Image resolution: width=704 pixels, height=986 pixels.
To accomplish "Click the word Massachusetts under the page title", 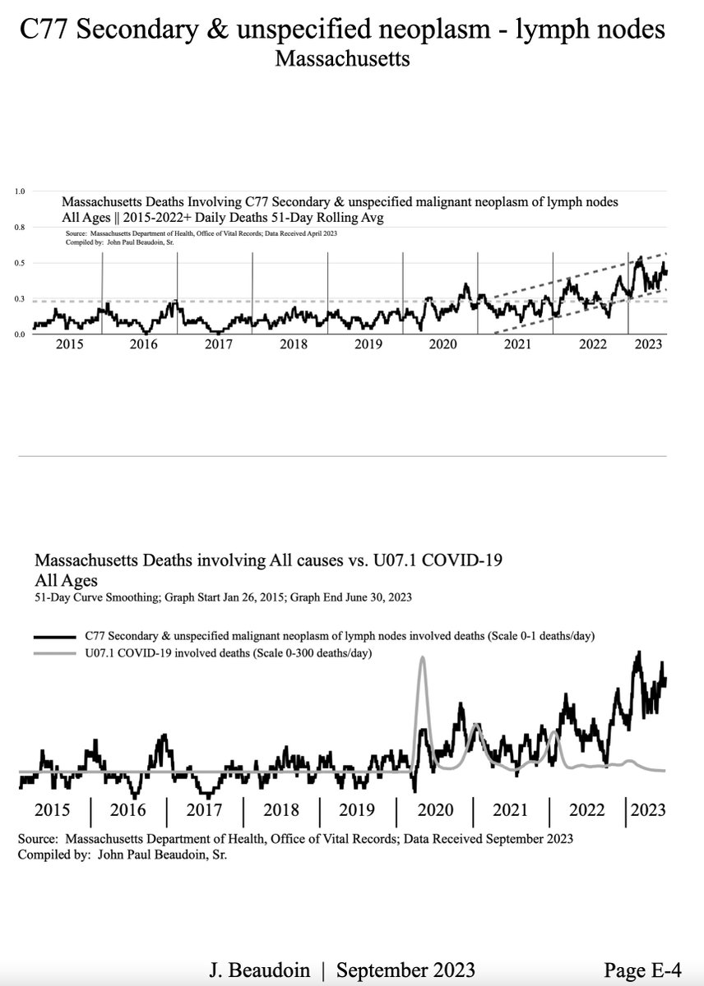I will click(342, 59).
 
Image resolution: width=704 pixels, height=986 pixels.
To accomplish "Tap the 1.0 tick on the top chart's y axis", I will click(21, 191).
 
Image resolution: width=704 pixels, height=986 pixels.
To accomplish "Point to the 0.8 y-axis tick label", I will click(21, 227).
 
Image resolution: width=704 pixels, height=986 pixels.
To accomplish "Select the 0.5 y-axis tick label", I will click(21, 263).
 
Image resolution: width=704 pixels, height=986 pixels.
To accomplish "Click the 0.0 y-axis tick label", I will click(21, 334).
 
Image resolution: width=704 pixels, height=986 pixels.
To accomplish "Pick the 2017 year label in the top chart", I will click(219, 344).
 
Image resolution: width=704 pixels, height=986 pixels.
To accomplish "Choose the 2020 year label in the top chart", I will click(442, 344).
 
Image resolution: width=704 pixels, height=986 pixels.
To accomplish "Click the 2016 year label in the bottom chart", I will click(127, 810).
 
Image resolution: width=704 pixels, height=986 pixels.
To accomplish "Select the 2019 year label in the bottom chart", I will click(356, 810).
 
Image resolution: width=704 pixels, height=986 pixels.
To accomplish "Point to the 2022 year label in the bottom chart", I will click(587, 810).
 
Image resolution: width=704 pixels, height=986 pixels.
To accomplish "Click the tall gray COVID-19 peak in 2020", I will click(423, 659).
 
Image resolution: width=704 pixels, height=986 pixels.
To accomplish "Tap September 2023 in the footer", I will click(403, 971).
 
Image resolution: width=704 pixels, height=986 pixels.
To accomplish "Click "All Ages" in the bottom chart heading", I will click(66, 581).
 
